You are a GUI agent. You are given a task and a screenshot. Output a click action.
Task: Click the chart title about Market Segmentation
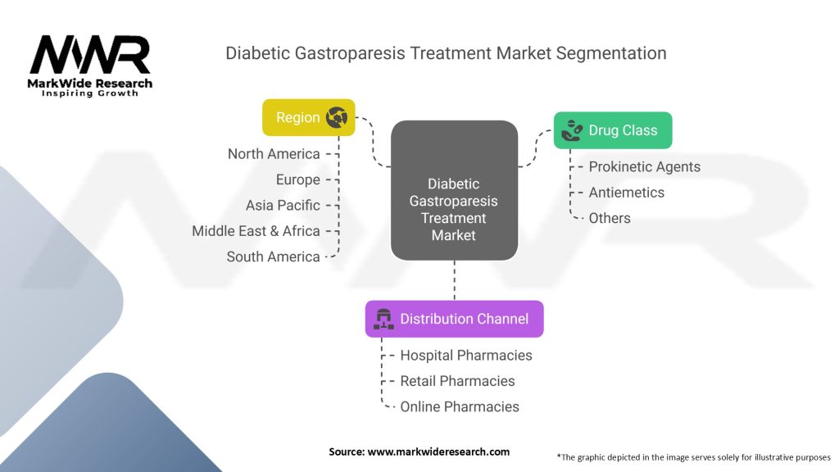pos(446,53)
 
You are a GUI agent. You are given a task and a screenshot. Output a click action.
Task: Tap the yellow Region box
pos(308,117)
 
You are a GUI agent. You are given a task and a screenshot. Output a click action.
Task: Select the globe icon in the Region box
pos(336,117)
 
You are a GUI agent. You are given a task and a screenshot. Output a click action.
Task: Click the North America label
pos(274,154)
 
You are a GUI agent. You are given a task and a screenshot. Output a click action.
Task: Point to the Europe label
pos(297,179)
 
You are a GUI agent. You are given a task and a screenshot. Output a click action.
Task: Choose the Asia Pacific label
pos(283,205)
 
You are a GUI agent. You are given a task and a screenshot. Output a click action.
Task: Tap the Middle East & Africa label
pos(256,231)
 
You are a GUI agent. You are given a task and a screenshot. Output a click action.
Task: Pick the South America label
pos(273,256)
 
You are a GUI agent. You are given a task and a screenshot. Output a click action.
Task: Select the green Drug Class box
pos(613,130)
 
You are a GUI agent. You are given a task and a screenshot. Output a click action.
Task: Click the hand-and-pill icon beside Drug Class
pos(570,130)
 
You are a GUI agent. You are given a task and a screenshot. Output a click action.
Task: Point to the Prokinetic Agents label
pos(644,166)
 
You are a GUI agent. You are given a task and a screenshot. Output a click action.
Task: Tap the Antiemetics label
pos(626,193)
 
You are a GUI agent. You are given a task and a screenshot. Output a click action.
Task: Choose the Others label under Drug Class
pos(610,218)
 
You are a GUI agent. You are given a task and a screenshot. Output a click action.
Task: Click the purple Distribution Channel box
pos(454,319)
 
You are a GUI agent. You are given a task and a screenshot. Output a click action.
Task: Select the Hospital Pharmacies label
pos(465,355)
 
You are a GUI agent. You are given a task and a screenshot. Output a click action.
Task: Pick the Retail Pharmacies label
pos(457,381)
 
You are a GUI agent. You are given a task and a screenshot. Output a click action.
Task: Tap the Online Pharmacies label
pos(459,406)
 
